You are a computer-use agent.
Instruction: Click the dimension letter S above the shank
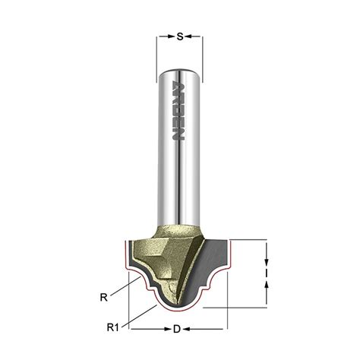point(180,36)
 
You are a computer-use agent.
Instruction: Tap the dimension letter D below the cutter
point(177,329)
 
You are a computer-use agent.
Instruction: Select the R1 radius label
point(112,327)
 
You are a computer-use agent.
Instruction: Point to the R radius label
point(104,298)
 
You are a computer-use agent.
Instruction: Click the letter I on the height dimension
point(267,273)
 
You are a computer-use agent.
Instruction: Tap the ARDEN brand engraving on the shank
point(178,110)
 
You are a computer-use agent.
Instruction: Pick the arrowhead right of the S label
point(188,36)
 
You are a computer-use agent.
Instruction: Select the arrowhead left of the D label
point(168,329)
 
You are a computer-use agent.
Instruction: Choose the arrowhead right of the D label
point(186,329)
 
